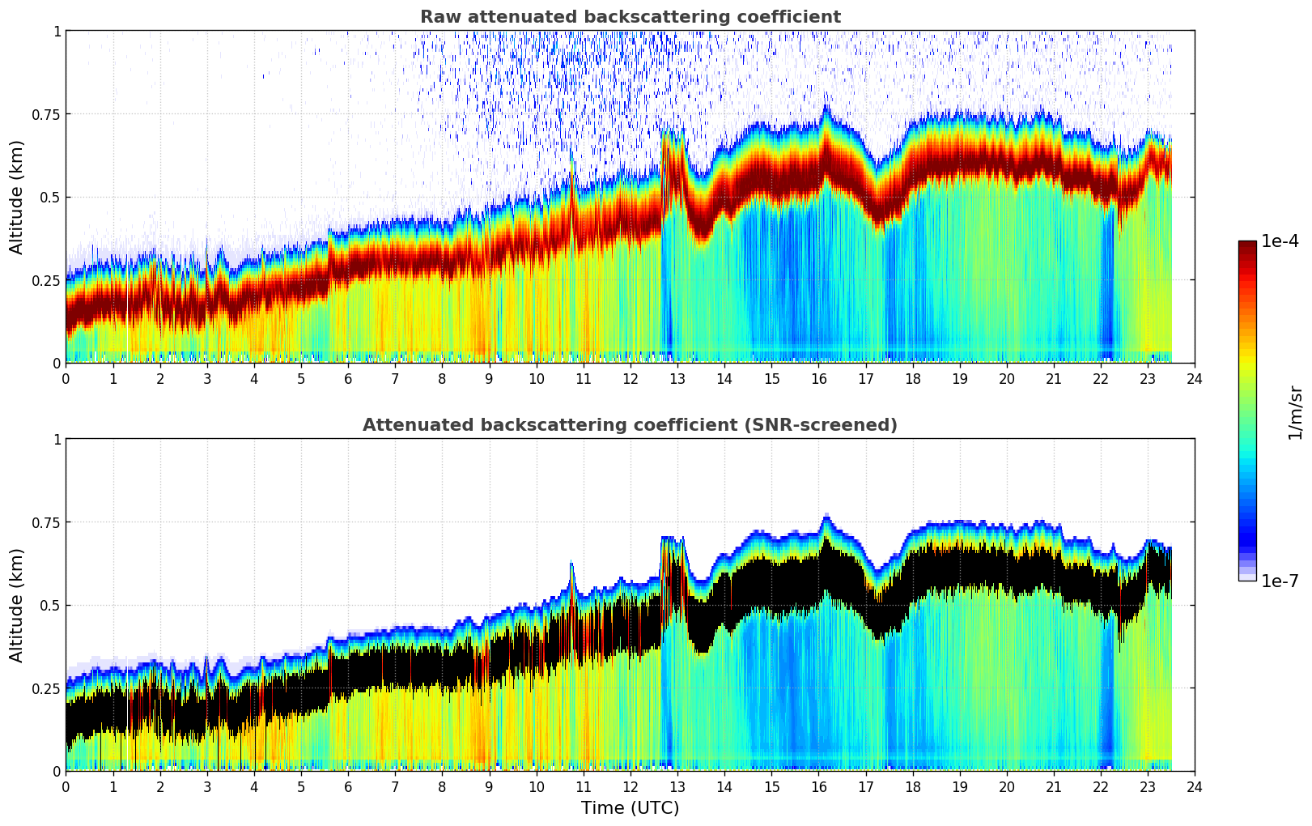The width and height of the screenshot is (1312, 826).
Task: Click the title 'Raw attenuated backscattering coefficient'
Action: coord(630,17)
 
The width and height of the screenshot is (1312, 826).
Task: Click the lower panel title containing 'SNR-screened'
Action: coord(630,425)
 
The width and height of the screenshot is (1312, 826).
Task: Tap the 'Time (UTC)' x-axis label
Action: coord(630,808)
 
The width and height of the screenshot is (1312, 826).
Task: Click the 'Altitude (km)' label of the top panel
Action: coord(17,197)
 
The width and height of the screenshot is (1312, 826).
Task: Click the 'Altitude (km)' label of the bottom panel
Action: coord(17,605)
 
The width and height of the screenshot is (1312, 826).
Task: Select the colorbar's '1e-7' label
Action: coord(1280,581)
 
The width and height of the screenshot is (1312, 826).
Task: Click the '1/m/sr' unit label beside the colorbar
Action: coord(1295,411)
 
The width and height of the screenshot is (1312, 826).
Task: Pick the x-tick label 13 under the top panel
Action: coord(677,378)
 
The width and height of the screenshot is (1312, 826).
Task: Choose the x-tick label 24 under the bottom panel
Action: coord(1195,786)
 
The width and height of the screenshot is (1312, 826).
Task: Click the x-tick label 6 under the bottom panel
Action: coord(348,786)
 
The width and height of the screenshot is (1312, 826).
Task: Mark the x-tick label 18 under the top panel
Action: coord(912,378)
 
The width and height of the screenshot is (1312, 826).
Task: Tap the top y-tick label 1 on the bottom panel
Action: coord(57,440)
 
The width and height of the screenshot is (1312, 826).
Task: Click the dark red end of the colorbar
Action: coord(1247,247)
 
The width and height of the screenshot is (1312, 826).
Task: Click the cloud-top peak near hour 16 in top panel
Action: coord(826,107)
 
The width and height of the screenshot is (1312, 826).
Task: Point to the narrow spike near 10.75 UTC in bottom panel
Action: coord(571,565)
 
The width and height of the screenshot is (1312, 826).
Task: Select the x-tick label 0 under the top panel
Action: coord(66,378)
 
